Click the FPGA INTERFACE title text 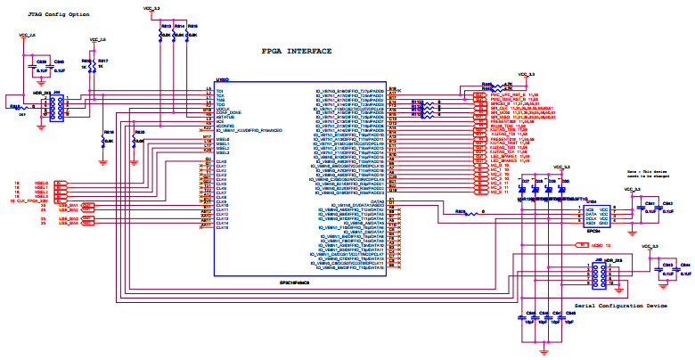click(x=298, y=53)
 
